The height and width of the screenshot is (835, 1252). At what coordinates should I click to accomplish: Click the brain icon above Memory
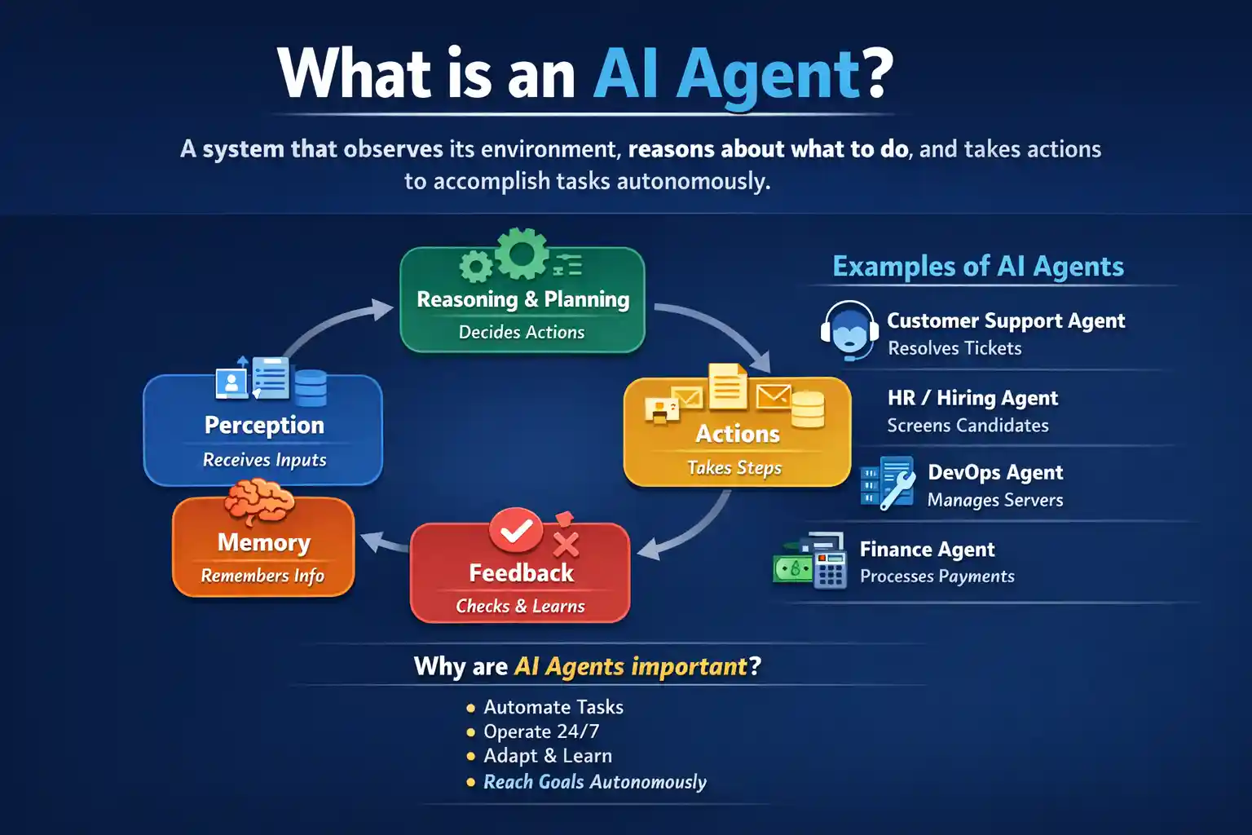(x=259, y=501)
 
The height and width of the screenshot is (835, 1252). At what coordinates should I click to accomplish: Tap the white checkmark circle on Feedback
(x=516, y=532)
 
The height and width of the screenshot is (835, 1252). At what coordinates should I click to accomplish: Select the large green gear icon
(x=522, y=254)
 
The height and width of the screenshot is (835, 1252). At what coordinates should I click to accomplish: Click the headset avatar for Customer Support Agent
(x=849, y=330)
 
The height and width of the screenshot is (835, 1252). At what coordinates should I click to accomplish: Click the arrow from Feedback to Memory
(x=383, y=542)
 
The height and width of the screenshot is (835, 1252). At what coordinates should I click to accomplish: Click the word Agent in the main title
(x=768, y=75)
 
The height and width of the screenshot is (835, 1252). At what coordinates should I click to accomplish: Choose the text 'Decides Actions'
(x=522, y=332)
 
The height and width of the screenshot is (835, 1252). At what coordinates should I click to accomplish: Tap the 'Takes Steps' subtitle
(x=734, y=467)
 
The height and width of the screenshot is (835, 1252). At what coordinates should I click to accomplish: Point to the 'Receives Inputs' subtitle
(x=264, y=460)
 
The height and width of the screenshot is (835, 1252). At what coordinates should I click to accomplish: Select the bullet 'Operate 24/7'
(x=541, y=731)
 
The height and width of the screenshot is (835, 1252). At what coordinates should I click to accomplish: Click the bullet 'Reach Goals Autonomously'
(x=594, y=781)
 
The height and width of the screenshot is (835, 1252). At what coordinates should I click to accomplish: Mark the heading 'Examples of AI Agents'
(x=978, y=266)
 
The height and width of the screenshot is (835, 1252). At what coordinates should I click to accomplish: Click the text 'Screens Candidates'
(x=968, y=425)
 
